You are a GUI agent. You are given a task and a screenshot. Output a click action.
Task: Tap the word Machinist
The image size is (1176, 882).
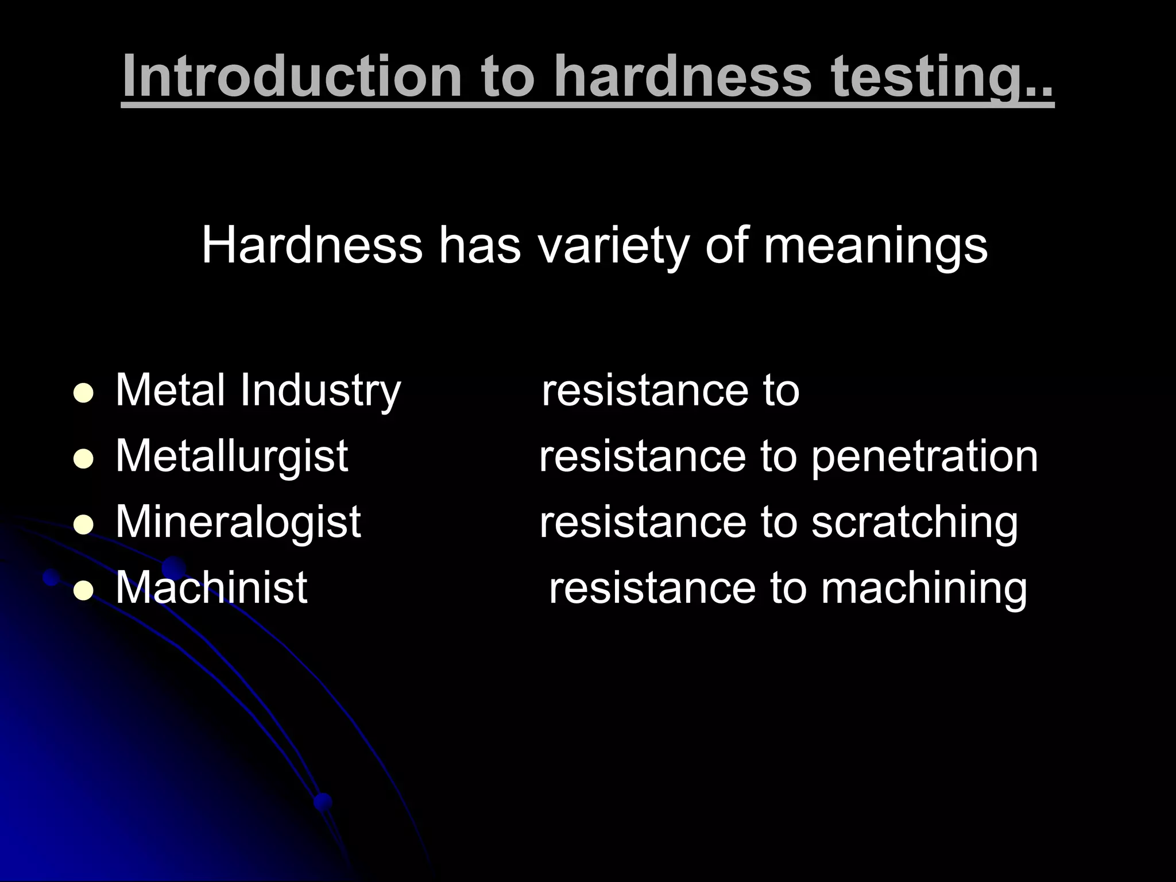pyautogui.click(x=211, y=587)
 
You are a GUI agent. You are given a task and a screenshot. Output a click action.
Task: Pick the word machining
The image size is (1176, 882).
pyautogui.click(x=923, y=589)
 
